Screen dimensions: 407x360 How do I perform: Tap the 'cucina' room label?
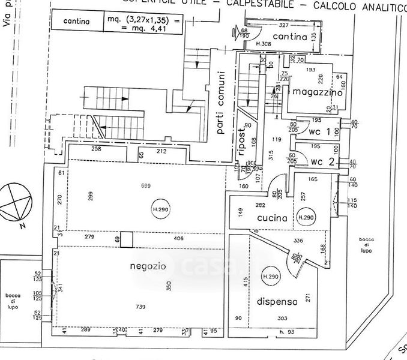tap(273, 218)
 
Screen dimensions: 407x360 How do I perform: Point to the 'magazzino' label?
tap(318, 93)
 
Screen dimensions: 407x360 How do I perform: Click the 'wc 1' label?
tap(320, 131)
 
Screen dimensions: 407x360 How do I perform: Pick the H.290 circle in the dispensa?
tap(271, 277)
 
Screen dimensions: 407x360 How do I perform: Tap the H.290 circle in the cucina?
tap(306, 217)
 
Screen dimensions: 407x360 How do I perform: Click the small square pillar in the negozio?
tap(126, 239)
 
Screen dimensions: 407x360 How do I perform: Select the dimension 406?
tap(178, 239)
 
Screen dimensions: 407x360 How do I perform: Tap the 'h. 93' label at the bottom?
tap(286, 331)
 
